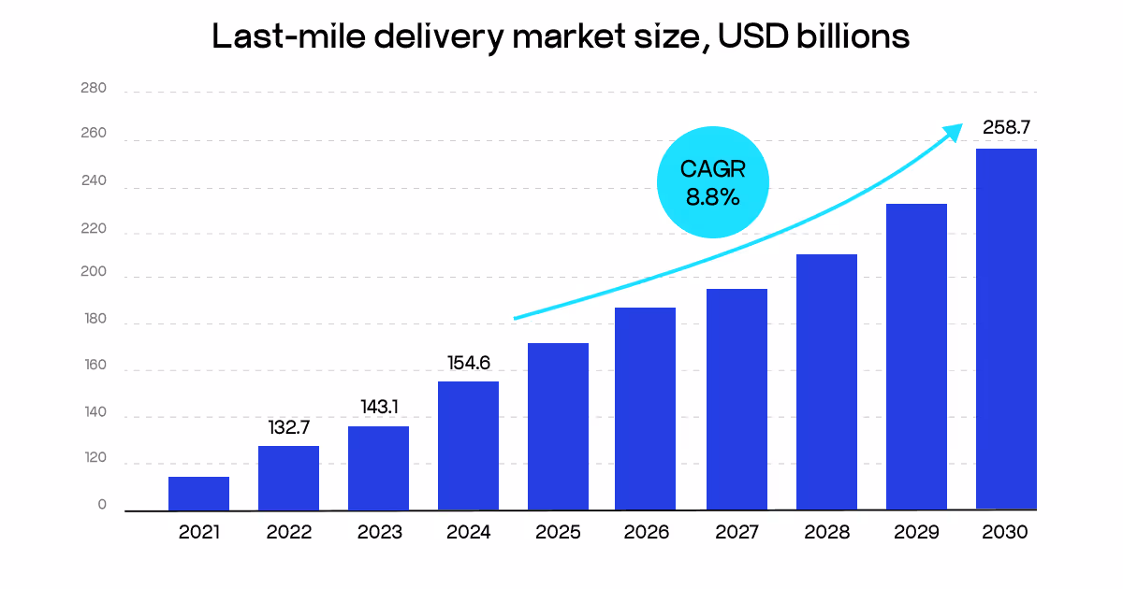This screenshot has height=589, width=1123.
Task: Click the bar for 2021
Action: click(198, 494)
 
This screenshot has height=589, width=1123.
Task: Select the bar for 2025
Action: click(558, 426)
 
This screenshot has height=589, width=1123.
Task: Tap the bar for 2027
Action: click(737, 399)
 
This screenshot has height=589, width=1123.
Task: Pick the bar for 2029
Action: click(916, 356)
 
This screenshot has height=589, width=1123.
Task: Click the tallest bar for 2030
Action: click(1006, 329)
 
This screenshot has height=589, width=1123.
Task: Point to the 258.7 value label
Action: click(1006, 126)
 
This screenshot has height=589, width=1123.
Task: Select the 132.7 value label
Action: click(288, 427)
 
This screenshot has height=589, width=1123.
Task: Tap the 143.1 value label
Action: click(378, 408)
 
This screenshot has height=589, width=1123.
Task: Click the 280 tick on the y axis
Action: click(95, 89)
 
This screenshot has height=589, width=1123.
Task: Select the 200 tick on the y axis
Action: click(95, 275)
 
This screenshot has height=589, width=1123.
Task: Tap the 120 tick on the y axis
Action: click(95, 460)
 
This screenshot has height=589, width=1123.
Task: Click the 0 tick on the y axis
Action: click(102, 506)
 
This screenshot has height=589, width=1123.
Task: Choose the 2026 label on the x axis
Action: click(647, 533)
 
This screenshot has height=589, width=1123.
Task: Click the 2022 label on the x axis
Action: click(288, 533)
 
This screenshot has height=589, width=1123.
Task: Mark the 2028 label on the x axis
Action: click(826, 533)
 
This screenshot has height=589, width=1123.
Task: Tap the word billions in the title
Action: click(846, 37)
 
